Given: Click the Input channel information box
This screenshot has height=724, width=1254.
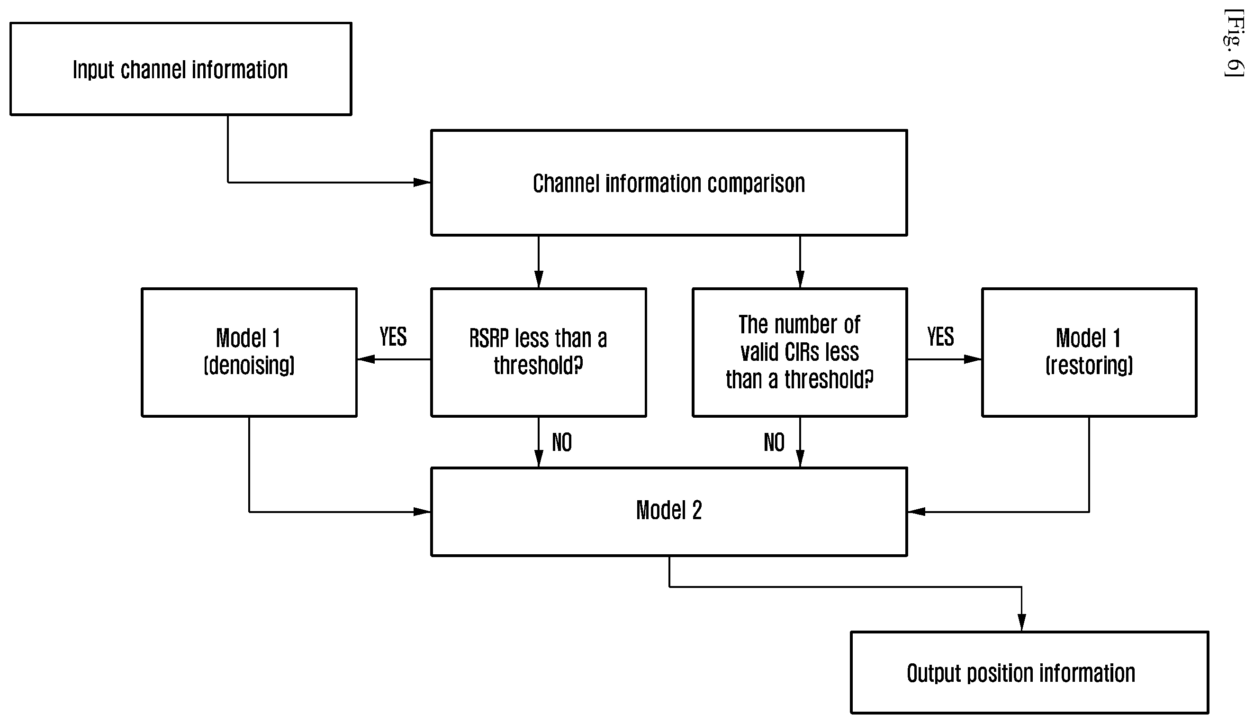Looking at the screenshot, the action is (x=181, y=69).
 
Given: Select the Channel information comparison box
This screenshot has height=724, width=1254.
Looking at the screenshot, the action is (x=669, y=183).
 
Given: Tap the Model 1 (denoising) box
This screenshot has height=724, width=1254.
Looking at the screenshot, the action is (x=249, y=352).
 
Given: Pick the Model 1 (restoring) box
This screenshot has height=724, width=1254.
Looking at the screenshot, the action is (x=1089, y=352).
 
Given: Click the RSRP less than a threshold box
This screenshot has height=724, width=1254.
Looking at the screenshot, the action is (x=539, y=352).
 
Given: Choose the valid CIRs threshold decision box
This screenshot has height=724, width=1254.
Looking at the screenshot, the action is (x=799, y=352).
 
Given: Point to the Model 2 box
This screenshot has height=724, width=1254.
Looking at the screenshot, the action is (x=669, y=511).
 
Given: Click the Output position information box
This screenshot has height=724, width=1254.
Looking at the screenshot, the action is (x=1029, y=672).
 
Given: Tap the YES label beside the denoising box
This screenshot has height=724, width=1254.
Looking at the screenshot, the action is (x=393, y=337).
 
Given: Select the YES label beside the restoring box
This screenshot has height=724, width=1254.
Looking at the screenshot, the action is (x=940, y=337).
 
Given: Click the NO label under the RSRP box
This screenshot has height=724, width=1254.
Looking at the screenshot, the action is (x=562, y=442).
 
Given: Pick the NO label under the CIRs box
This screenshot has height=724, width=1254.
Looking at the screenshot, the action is (x=774, y=442).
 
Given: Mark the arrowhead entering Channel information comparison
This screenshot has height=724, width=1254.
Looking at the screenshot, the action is (x=422, y=183).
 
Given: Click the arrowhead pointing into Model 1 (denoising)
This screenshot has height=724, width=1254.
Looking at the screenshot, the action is (x=366, y=359).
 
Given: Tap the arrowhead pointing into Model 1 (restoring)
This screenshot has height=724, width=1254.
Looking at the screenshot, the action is (x=973, y=359).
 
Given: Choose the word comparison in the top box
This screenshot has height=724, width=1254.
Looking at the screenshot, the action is (x=756, y=183).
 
